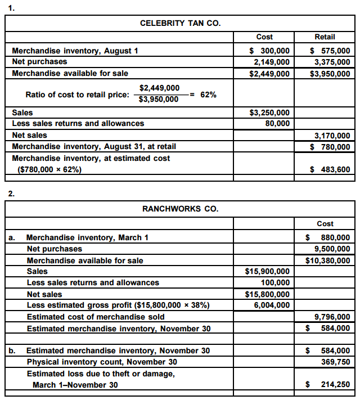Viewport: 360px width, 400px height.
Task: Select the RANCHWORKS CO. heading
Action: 180,209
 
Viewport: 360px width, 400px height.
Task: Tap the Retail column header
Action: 325,37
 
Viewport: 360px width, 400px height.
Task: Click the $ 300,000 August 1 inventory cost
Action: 269,51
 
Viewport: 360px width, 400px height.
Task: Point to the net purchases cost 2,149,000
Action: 272,62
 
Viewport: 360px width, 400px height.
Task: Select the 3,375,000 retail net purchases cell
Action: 332,62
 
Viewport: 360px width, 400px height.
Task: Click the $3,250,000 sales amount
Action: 269,113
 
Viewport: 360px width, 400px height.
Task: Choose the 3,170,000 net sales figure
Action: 332,136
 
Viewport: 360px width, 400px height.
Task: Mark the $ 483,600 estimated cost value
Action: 330,169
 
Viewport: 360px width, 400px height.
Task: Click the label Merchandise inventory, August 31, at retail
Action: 94,147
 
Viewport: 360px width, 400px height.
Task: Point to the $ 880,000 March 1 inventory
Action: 328,237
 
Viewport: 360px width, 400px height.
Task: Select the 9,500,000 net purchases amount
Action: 332,249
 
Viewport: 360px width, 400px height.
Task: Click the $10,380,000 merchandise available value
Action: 328,260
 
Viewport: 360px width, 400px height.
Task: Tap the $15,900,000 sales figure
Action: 268,271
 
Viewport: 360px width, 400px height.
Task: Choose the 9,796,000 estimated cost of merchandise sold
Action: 332,317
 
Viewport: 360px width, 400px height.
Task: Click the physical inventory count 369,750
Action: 335,362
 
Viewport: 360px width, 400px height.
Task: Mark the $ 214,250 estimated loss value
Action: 328,385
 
